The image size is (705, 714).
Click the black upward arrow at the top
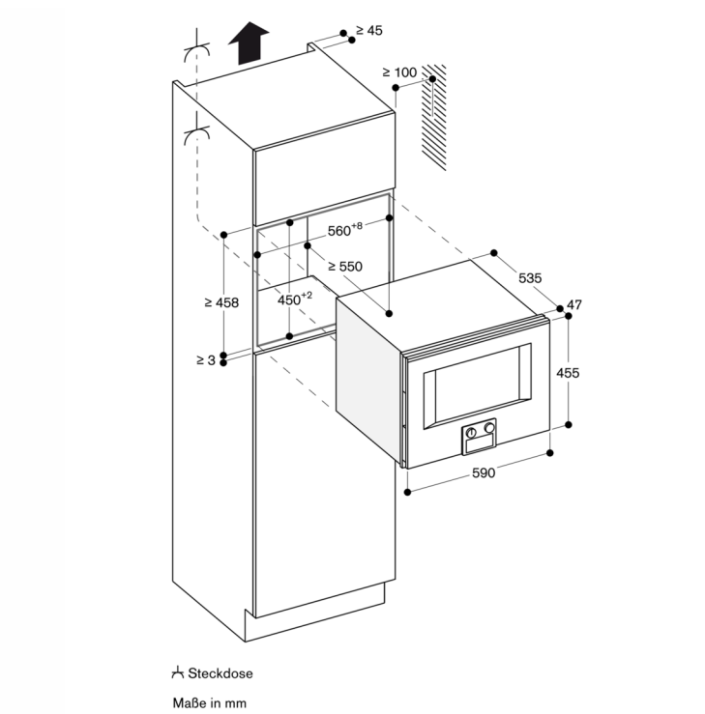(250, 43)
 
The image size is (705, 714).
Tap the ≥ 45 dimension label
(368, 31)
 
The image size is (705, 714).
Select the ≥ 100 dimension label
(398, 72)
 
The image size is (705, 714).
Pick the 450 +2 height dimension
(295, 300)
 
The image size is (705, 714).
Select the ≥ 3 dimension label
(204, 360)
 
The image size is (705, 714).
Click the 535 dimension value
(530, 277)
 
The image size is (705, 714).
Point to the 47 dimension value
(574, 305)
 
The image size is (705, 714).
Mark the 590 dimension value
(484, 472)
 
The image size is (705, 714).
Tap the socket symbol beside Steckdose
(178, 672)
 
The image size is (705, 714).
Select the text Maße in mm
(209, 702)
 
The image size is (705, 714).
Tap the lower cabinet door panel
(324, 483)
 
